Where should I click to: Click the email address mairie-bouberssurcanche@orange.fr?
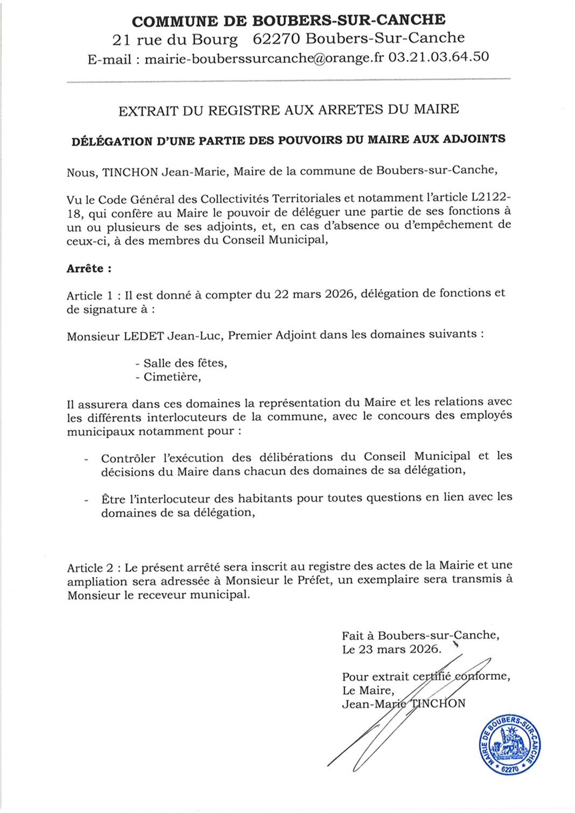coord(264,58)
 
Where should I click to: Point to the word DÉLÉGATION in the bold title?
coord(112,142)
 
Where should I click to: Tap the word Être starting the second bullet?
coord(113,499)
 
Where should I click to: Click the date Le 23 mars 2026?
coord(391,649)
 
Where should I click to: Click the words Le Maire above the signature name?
coord(368,690)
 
